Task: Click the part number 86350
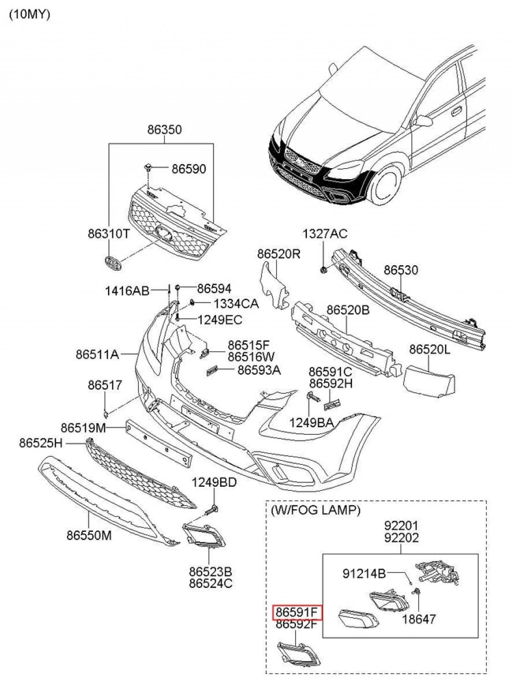tap(164, 130)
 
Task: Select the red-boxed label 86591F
tap(297, 612)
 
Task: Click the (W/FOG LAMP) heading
tap(315, 510)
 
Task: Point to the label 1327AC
tap(325, 234)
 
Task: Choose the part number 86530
tap(401, 270)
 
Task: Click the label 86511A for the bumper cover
tap(97, 354)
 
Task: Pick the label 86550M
tap(89, 535)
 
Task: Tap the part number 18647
tap(419, 619)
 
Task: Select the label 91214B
tap(364, 573)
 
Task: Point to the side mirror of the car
tap(423, 121)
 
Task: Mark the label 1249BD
tap(214, 482)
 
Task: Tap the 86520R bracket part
tap(274, 285)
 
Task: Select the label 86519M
tap(83, 428)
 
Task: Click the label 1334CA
tap(236, 304)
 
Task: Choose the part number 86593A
tap(259, 370)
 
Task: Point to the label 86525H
tap(41, 443)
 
